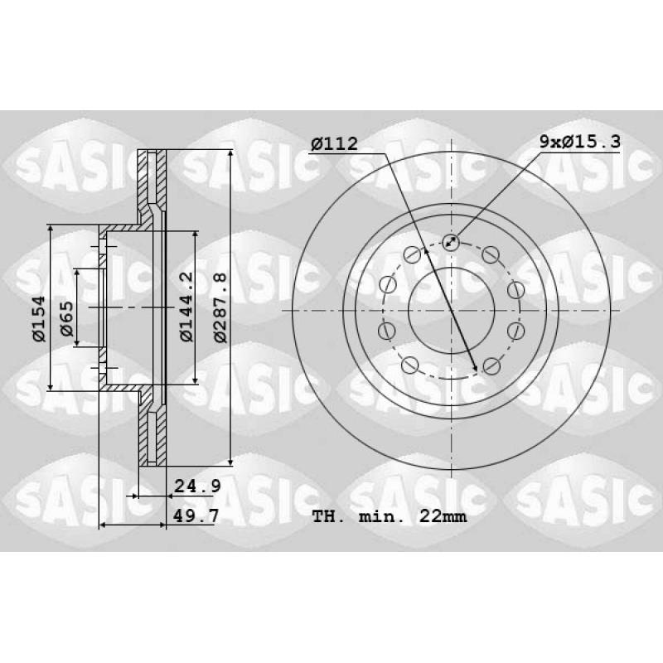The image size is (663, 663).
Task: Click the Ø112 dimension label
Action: point(334,143)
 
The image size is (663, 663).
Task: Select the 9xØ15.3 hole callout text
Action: point(580,141)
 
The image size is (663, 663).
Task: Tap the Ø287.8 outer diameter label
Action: point(220,307)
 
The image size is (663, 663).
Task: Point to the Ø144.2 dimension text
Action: point(186,307)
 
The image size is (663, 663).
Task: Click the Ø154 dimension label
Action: point(38,319)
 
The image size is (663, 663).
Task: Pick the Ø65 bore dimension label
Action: point(67,319)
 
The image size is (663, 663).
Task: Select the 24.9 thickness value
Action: point(197,486)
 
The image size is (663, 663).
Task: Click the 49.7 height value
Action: point(196,515)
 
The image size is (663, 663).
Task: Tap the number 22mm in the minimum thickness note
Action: point(443,516)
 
